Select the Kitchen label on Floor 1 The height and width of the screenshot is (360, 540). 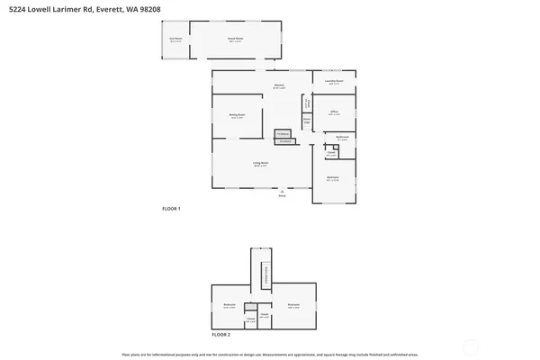[x=280, y=86]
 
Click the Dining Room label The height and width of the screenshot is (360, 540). [x=237, y=115]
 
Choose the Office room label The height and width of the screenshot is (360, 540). [x=333, y=112]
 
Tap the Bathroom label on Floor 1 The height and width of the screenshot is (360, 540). [x=342, y=138]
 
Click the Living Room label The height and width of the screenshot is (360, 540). [x=261, y=164]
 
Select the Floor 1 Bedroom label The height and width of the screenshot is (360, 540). [x=333, y=177]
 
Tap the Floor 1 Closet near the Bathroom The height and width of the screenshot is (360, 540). [x=330, y=153]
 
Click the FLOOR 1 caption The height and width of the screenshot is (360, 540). [x=171, y=209]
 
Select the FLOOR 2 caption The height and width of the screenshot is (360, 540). [x=220, y=334]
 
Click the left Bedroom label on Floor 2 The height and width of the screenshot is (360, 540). [x=229, y=305]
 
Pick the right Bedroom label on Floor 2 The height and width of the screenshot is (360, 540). [x=293, y=305]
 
